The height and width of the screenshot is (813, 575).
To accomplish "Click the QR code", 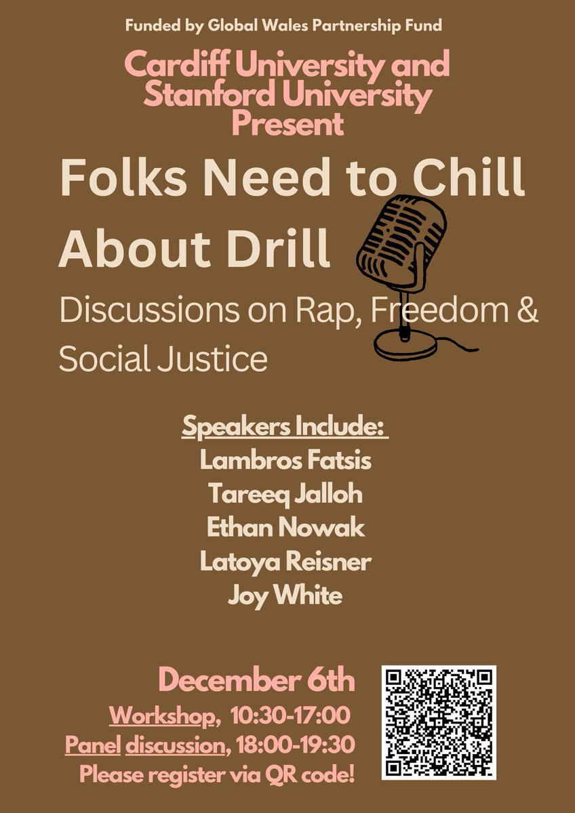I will click(439, 722).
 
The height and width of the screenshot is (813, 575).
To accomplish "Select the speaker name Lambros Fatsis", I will click(285, 461).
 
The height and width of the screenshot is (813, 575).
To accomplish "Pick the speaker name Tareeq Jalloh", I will click(285, 495).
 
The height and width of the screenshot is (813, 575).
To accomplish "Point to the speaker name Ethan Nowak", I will click(285, 528).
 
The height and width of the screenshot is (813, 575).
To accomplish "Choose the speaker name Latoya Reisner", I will click(285, 562).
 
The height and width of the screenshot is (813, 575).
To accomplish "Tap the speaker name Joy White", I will click(285, 596).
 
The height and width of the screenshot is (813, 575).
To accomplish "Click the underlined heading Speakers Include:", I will click(284, 429).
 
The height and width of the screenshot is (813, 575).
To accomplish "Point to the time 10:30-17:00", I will click(290, 715).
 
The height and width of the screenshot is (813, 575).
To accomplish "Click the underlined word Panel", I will click(93, 745).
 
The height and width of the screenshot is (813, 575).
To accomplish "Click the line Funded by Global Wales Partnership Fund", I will click(283, 26).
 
